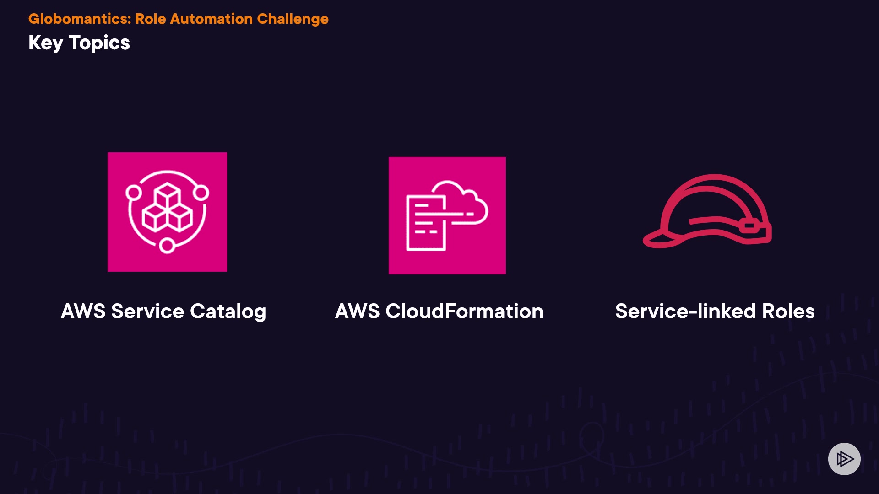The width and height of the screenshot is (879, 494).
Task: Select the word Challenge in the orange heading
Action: [x=293, y=19]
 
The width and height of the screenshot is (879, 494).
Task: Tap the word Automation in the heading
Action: [x=211, y=19]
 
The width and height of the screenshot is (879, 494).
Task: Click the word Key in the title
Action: [x=45, y=43]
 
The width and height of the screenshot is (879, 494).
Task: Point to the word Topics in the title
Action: [x=99, y=43]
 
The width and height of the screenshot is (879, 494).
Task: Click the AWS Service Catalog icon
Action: [x=167, y=212]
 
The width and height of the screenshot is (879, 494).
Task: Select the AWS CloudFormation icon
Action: [x=447, y=215]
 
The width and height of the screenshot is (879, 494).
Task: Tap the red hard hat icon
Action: [x=707, y=210]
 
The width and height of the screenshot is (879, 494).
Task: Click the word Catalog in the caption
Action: [x=228, y=311]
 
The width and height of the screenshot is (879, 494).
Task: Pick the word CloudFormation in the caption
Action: [x=464, y=311]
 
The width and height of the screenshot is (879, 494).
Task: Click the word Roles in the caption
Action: [x=788, y=311]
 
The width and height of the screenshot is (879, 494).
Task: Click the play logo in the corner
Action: [x=844, y=459]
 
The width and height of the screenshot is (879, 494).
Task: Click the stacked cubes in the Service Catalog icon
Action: [x=167, y=208]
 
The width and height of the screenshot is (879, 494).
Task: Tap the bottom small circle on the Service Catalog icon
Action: [x=167, y=246]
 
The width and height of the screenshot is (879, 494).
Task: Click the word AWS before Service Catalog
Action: [x=83, y=311]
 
